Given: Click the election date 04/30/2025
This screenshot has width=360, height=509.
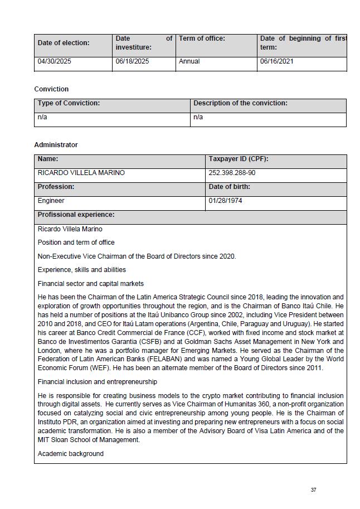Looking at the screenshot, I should [55, 61].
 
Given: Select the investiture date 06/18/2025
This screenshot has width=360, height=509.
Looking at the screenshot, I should [132, 61].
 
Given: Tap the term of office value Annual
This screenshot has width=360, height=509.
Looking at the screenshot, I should [189, 61].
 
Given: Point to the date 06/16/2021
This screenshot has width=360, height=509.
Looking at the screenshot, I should [276, 61].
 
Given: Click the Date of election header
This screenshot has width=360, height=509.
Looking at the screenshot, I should [64, 43].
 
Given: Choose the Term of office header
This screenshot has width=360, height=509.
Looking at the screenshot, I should [202, 38].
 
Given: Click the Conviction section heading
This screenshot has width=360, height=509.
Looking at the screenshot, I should [51, 89].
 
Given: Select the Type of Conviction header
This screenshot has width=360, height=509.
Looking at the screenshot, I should [69, 103].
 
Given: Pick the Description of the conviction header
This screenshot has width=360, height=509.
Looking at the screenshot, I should [240, 103].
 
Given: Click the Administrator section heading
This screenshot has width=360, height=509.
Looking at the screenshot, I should [56, 145].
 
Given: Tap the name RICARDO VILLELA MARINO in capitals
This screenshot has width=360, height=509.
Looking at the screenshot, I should [81, 173].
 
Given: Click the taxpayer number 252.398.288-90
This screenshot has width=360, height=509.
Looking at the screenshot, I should [232, 173].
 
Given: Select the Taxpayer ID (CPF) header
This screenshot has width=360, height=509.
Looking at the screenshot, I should [239, 159].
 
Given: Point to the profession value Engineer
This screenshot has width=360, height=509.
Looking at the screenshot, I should [51, 201].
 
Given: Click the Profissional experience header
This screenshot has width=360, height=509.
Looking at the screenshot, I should [76, 215].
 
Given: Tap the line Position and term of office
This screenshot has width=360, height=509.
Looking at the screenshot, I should [76, 243].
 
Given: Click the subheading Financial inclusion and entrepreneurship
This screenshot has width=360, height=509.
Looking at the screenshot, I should [98, 382].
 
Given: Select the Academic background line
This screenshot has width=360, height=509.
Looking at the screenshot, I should [71, 454].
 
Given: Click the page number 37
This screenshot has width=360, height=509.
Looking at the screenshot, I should [314, 490].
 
